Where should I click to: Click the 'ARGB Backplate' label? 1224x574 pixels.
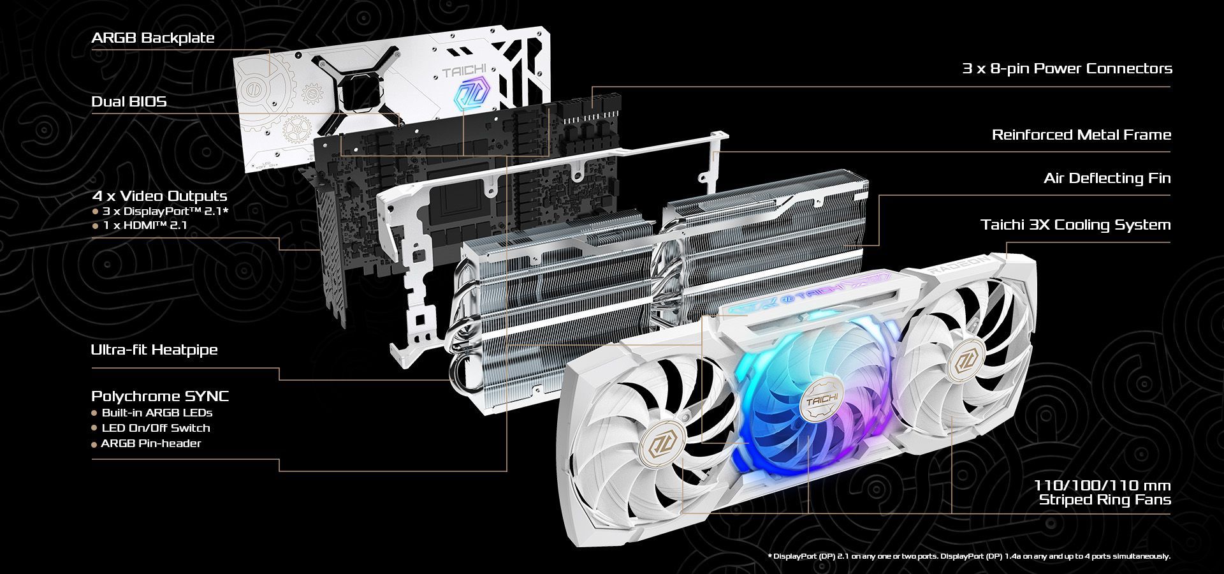coord(152,38)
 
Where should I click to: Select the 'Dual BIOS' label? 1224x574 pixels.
coord(129,101)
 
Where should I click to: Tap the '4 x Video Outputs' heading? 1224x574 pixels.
coord(159,196)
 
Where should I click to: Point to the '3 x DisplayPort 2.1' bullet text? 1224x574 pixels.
coord(164,210)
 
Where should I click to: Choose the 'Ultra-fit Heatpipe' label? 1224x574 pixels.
coord(154,350)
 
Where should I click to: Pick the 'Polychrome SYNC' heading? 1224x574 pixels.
coord(160,396)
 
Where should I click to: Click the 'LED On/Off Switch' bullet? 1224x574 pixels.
coord(156,428)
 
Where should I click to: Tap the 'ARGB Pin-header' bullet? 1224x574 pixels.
coord(151,443)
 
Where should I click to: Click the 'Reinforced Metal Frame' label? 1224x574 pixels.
coord(1081,135)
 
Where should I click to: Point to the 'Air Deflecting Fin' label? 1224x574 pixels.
coord(1107,178)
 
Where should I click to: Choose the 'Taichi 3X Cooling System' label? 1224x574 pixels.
coord(1075,224)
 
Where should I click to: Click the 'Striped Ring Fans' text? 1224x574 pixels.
coord(1105,500)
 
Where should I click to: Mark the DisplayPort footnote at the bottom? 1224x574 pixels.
coord(970,556)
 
